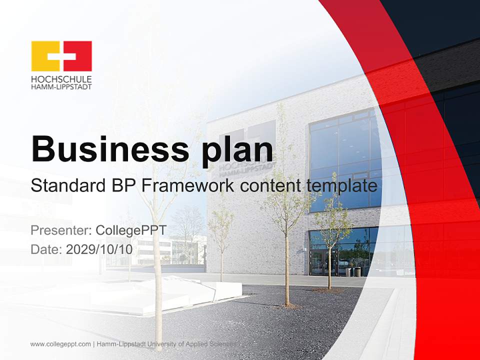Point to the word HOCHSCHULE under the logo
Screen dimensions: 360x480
pyautogui.click(x=61, y=79)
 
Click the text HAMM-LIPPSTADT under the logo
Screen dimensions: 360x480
pyautogui.click(x=61, y=86)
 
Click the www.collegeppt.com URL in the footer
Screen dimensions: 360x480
pyautogui.click(x=60, y=344)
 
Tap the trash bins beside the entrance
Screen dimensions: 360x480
pyautogui.click(x=352, y=271)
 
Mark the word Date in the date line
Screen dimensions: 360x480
pyautogui.click(x=45, y=249)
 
